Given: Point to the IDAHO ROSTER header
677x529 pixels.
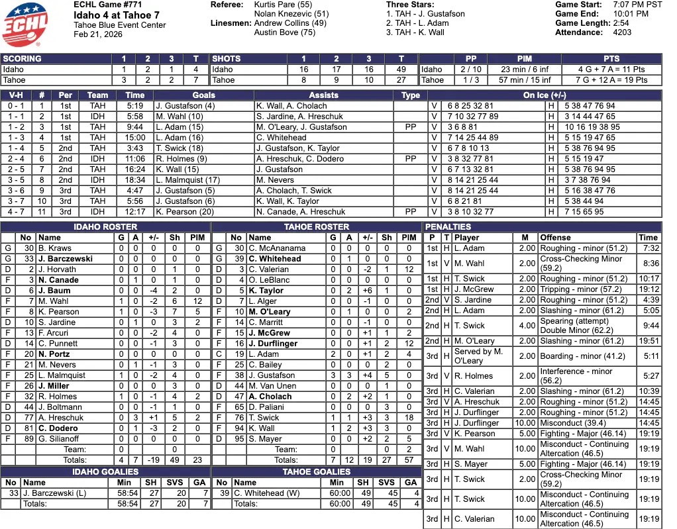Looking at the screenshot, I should pyautogui.click(x=105, y=227).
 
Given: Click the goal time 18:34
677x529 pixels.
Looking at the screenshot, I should pyautogui.click(x=134, y=180).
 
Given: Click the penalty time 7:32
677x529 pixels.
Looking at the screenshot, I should pyautogui.click(x=649, y=248).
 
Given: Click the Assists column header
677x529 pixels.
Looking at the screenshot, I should pyautogui.click(x=323, y=95).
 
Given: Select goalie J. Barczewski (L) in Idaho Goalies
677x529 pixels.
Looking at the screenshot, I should pyautogui.click(x=51, y=493).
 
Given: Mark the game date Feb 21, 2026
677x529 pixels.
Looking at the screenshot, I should pyautogui.click(x=98, y=34).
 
